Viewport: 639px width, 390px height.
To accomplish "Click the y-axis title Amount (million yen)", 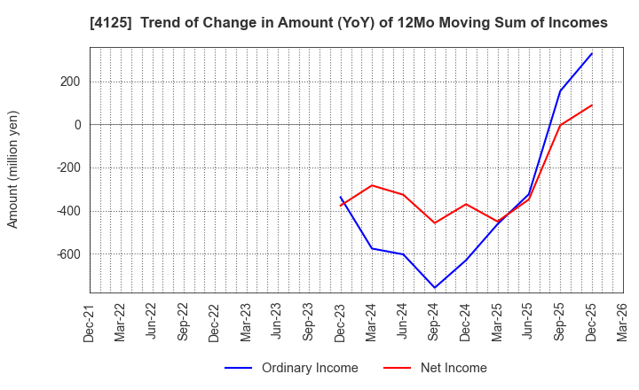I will (13, 169).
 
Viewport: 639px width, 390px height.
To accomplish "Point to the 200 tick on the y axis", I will (69, 82).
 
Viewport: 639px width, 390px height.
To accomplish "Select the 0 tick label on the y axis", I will (77, 125).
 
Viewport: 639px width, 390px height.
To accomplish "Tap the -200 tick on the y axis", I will (67, 168).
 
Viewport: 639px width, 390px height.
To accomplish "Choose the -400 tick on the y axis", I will (67, 211).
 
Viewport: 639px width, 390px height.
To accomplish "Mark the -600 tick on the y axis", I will (67, 254).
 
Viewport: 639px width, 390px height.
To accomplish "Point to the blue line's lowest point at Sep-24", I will (435, 287).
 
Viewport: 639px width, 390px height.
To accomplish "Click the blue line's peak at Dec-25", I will (592, 53).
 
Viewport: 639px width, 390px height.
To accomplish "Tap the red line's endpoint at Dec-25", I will (592, 105).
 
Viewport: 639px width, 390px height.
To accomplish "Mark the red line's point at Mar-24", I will (372, 185).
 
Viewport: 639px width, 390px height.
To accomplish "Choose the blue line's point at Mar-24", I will (372, 248).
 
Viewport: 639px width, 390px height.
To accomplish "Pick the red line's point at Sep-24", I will (435, 222).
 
